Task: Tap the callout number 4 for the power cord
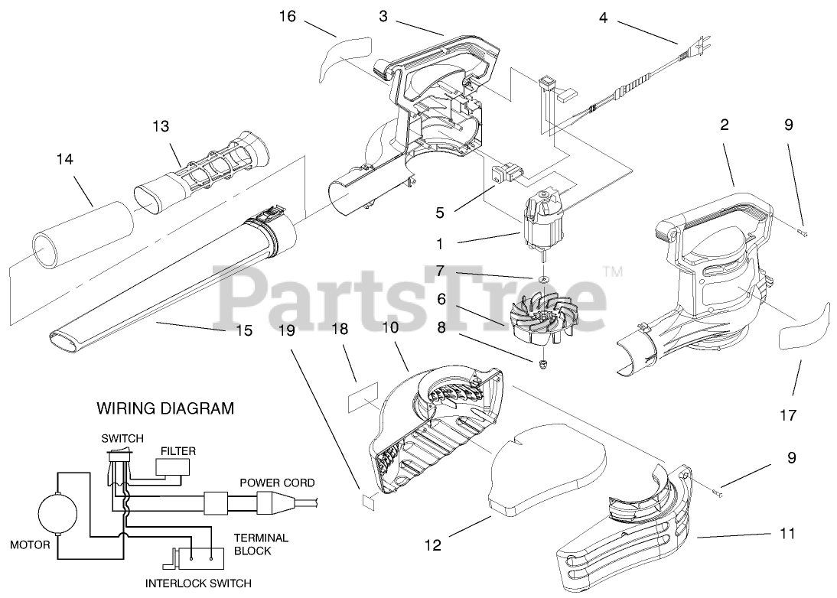click(604, 17)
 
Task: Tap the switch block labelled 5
click(506, 174)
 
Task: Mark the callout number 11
click(787, 533)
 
